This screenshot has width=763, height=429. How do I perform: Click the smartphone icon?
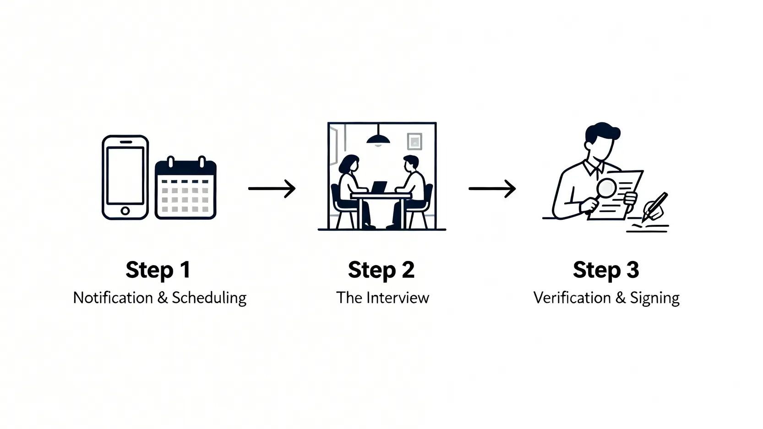click(125, 177)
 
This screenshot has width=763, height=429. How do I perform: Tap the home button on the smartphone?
click(125, 211)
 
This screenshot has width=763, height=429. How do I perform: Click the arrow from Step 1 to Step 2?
click(272, 188)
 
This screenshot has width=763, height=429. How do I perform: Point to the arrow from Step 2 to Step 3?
click(492, 188)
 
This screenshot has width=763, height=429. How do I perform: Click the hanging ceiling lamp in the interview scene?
click(378, 138)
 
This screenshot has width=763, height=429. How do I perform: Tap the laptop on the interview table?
click(379, 187)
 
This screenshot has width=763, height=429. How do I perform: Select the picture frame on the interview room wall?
click(414, 141)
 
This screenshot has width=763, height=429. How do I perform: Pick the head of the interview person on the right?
click(410, 164)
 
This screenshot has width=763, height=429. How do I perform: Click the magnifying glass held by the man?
click(607, 188)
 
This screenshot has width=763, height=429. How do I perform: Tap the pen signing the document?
click(656, 206)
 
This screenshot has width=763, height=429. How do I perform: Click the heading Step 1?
click(158, 270)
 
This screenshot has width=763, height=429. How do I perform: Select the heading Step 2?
click(381, 270)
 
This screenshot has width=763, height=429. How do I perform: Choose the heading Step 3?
click(605, 270)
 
